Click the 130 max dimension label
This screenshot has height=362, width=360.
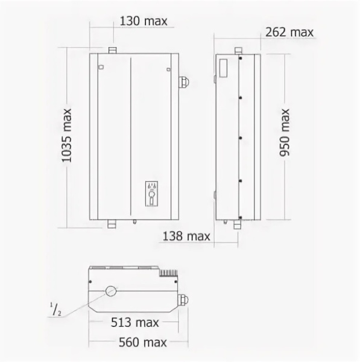click(144, 21)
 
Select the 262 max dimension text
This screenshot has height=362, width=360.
click(289, 32)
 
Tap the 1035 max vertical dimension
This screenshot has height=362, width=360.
click(67, 135)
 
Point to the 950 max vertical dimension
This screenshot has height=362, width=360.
click(284, 133)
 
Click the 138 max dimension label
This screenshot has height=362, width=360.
click(186, 236)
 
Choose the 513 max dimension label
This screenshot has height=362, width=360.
click(134, 322)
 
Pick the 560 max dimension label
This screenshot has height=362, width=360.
click(143, 342)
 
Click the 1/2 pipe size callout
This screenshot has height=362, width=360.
click(55, 310)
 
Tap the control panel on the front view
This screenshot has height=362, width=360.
click(151, 194)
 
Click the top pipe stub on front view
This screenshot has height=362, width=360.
click(113, 51)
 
